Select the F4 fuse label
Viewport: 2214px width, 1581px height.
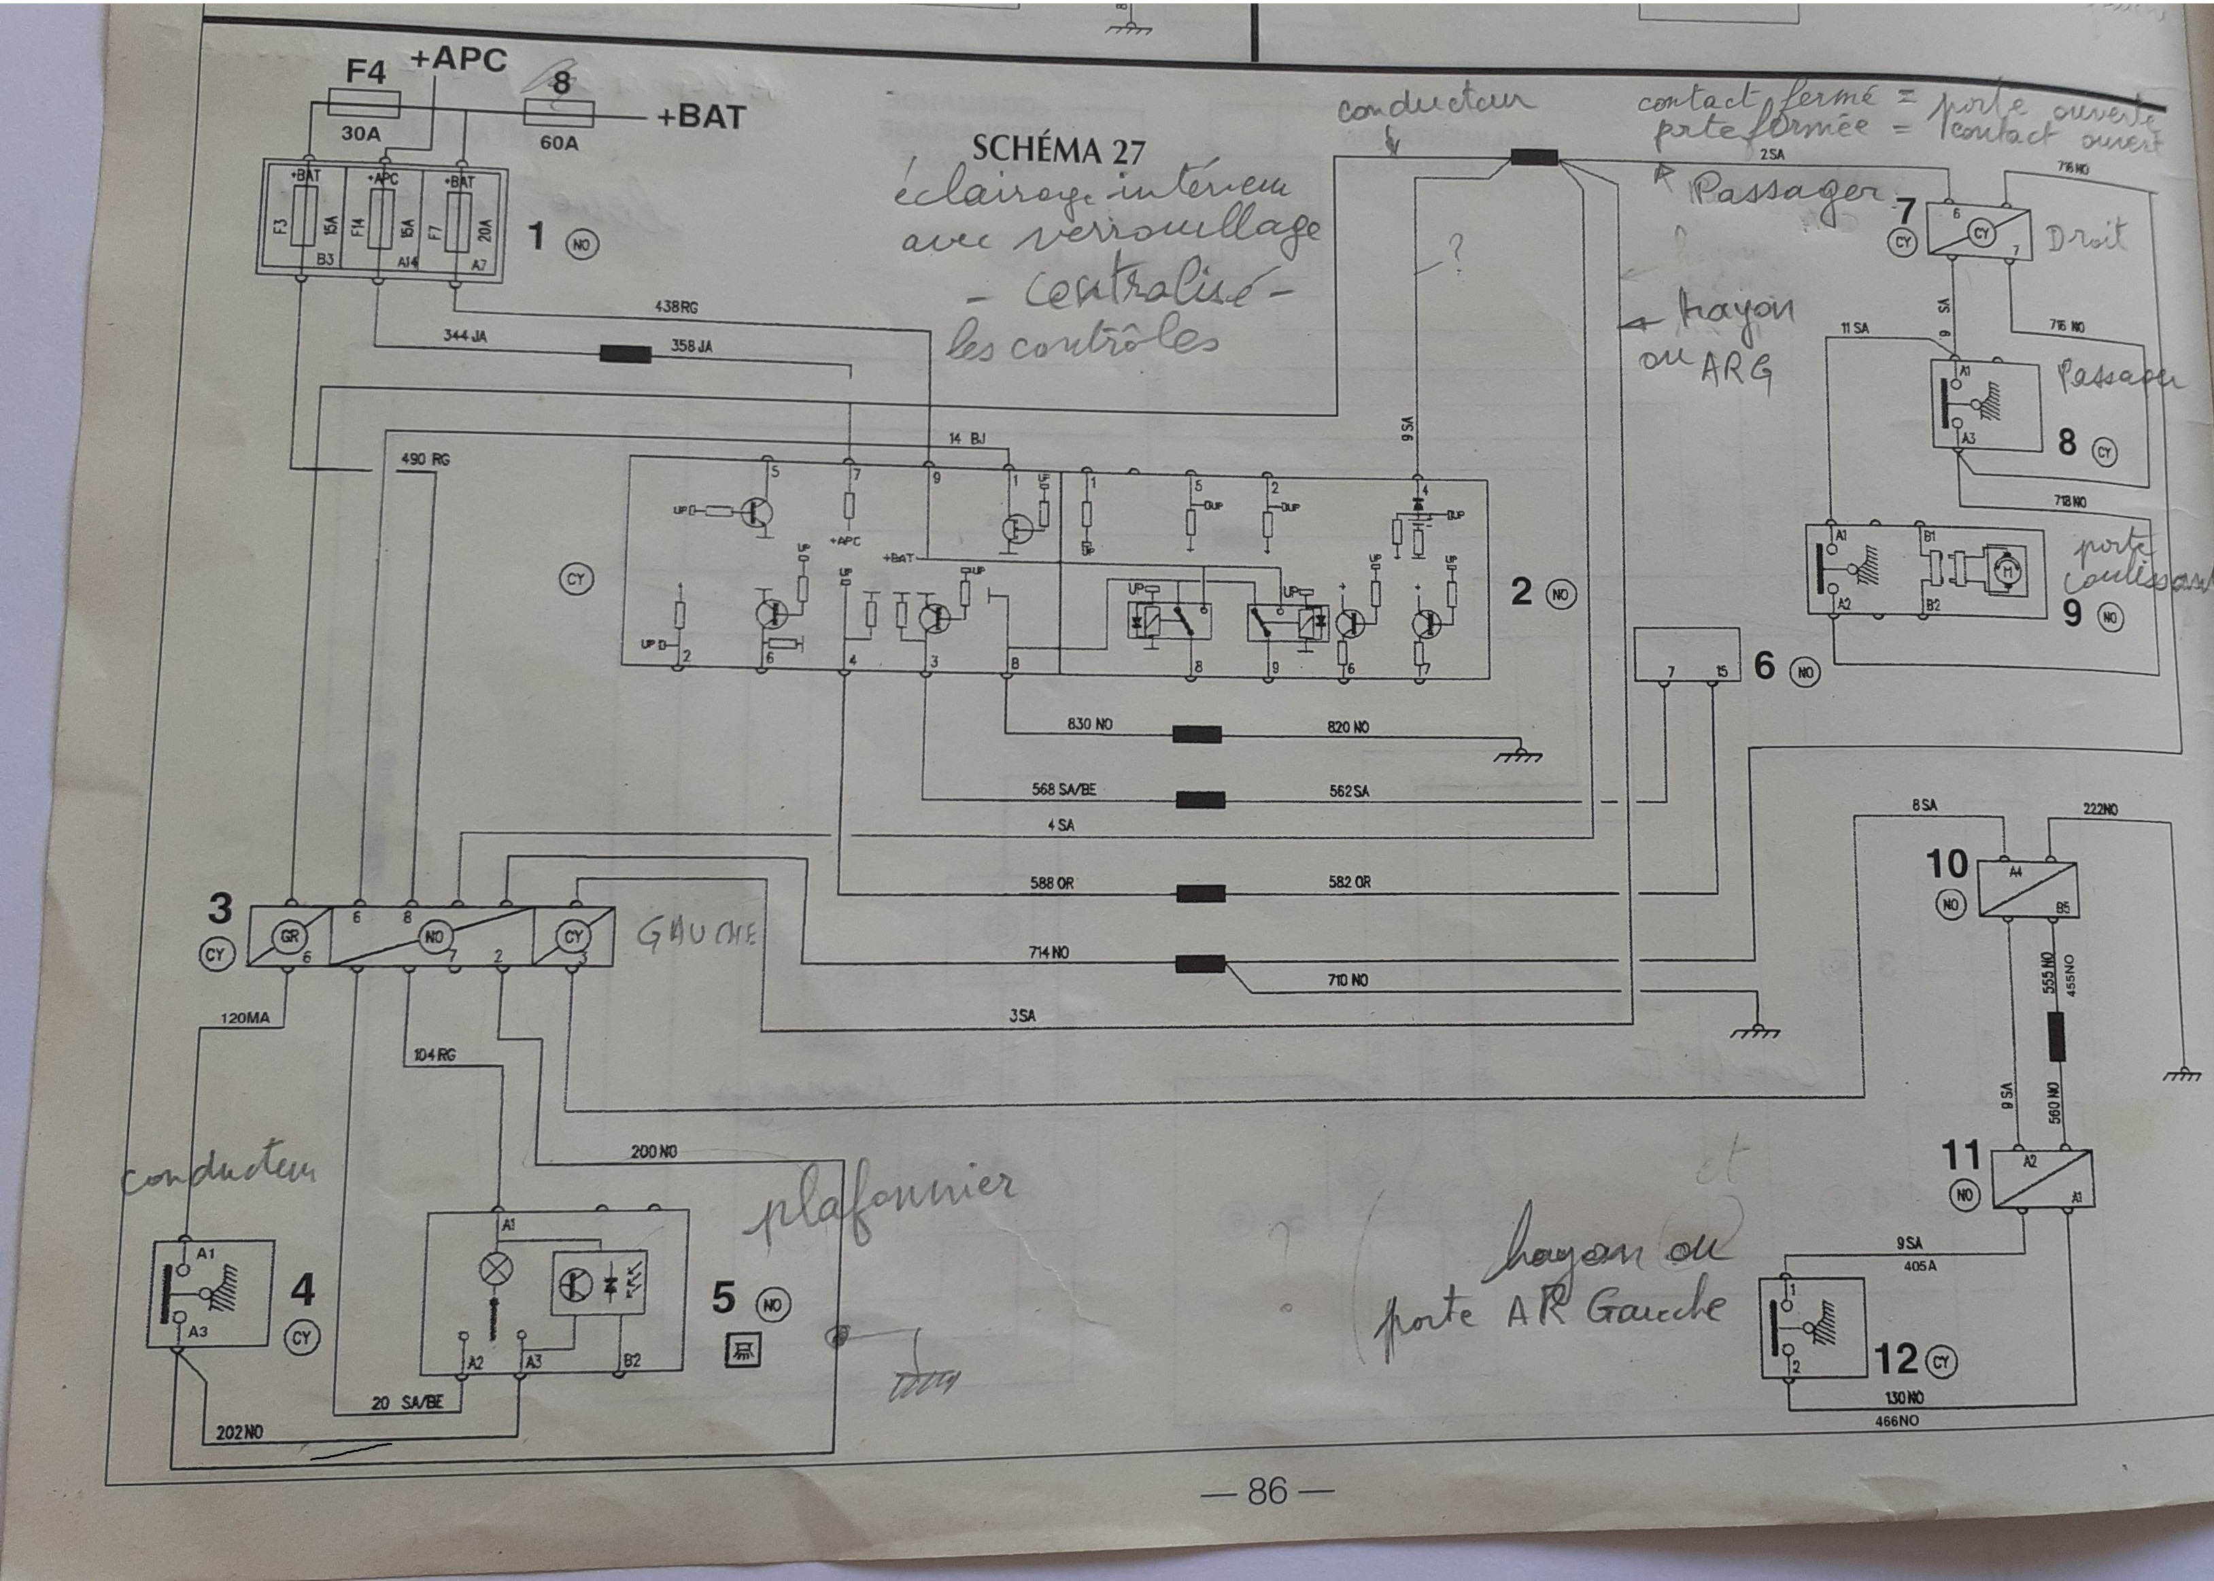[366, 72]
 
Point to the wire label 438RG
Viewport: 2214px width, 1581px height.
[676, 307]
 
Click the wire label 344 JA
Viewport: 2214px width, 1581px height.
[464, 337]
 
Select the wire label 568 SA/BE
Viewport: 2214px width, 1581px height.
[1063, 789]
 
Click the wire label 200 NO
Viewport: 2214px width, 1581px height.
[653, 1152]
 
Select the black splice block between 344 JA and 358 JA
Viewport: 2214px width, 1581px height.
[625, 354]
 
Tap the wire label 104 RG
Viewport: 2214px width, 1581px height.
[435, 1055]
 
